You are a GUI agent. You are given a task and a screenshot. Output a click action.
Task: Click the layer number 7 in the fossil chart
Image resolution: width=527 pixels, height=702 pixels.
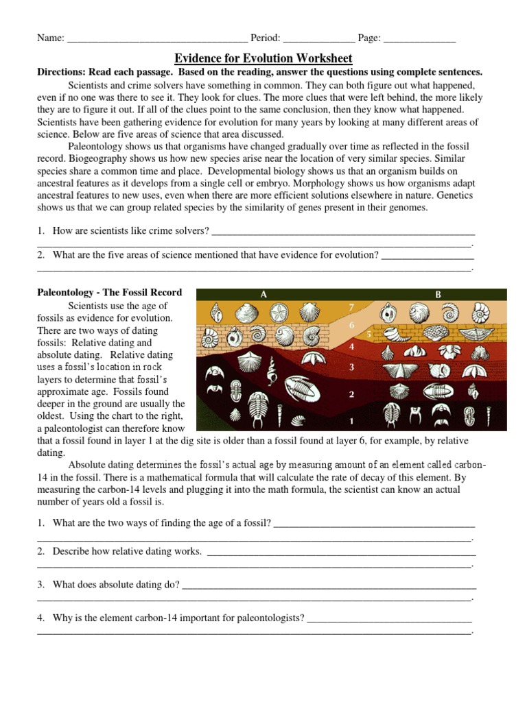point(351,306)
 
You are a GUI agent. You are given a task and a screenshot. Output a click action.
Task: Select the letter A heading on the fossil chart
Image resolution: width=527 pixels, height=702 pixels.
point(263,294)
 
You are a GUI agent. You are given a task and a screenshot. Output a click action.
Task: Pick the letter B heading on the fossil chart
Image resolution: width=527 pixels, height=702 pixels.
point(438,294)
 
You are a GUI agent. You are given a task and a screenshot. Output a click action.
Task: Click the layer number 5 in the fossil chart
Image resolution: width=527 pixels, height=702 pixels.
point(369,334)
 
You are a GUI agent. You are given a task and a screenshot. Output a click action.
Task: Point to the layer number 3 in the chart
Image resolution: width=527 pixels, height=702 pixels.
point(351,367)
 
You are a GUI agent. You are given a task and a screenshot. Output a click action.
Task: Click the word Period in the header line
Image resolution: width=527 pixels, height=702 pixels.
point(264,38)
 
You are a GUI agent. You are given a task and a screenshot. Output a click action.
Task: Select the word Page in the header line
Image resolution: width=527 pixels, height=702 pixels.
point(368,38)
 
